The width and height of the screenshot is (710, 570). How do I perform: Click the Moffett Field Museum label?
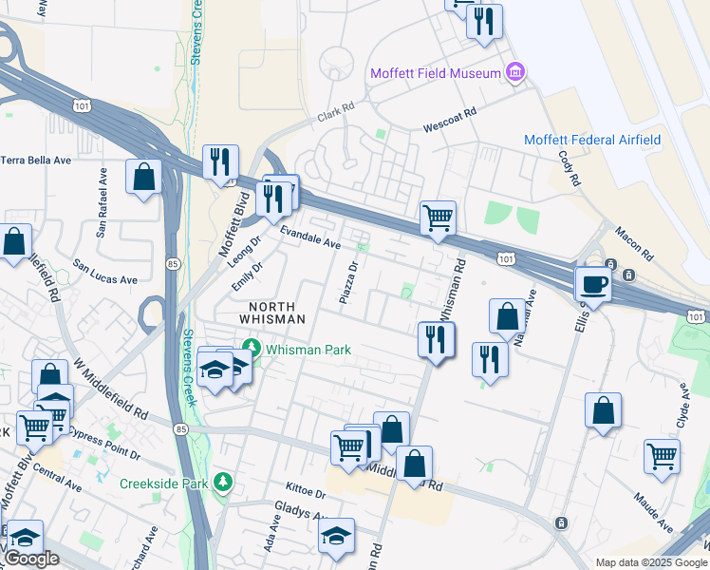tap(435, 74)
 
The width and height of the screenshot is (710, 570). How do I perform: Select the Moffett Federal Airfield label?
tap(592, 141)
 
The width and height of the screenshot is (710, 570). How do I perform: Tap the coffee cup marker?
tap(594, 283)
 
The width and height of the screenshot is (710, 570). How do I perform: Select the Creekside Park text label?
tap(163, 484)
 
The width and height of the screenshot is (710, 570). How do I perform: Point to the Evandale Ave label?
tap(309, 238)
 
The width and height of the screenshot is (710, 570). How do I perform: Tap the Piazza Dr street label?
tap(348, 283)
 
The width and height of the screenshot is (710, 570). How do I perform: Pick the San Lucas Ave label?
tap(105, 273)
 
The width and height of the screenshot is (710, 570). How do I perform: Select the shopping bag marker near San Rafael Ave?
tap(143, 178)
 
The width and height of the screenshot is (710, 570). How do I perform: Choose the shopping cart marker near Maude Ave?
tap(662, 456)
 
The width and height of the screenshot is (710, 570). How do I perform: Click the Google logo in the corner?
tap(30, 559)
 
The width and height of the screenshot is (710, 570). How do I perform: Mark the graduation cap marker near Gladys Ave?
tap(336, 538)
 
